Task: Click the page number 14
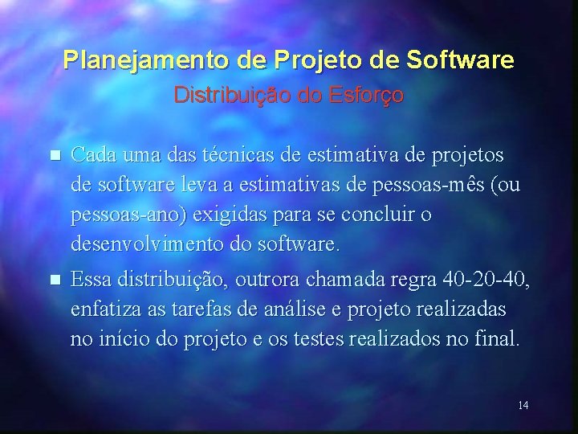[523, 405]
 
